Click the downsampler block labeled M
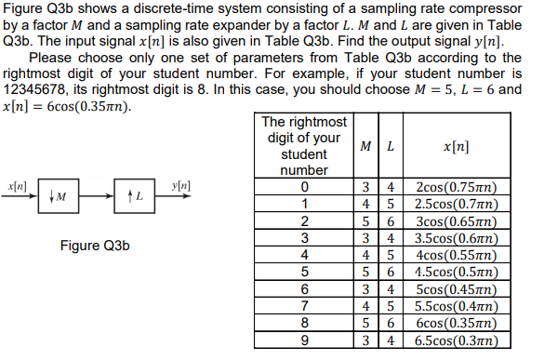[x=58, y=197]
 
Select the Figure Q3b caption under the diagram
[x=94, y=247]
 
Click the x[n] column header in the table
[x=458, y=148]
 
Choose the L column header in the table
[x=391, y=148]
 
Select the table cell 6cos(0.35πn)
[x=458, y=323]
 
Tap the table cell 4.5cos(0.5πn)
[x=458, y=273]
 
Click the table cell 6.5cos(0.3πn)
[x=458, y=340]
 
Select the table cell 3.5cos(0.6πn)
[x=458, y=239]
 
